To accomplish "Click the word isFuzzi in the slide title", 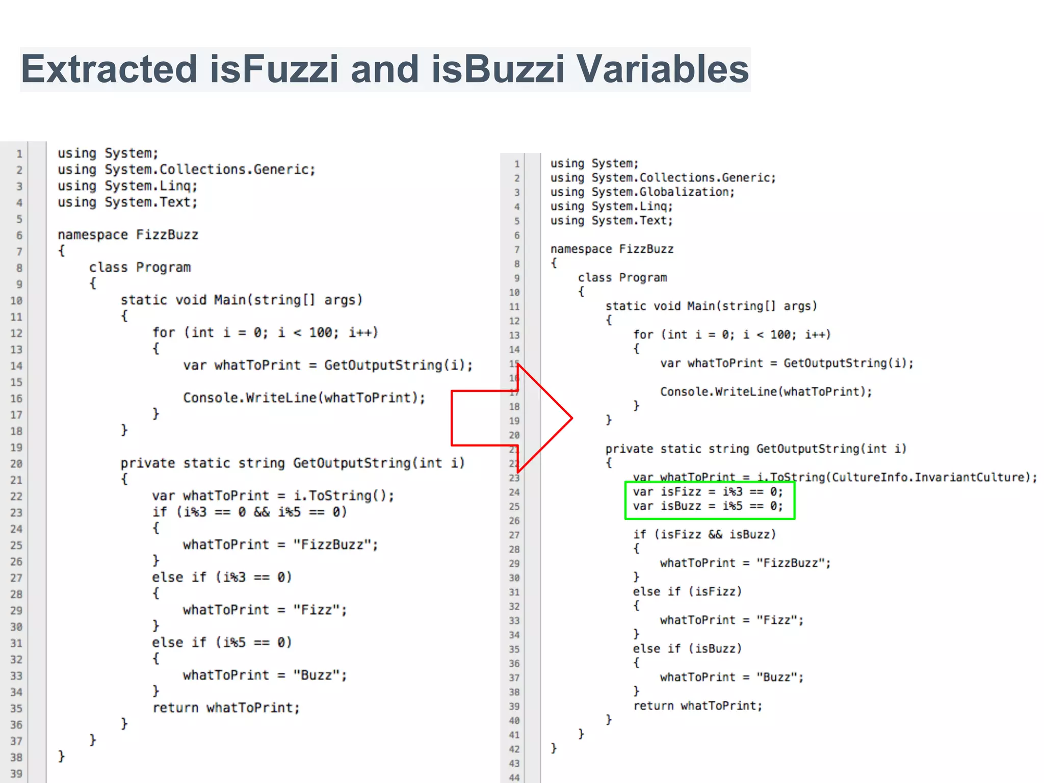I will [274, 69].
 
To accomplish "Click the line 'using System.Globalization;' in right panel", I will [642, 192].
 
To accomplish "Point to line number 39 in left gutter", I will [16, 773].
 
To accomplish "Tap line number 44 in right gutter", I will [514, 777].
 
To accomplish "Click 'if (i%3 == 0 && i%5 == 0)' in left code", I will [249, 512].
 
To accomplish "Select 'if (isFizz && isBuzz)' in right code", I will [704, 534].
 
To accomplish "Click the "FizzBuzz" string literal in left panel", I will [335, 544].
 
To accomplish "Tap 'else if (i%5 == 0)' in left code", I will [222, 642].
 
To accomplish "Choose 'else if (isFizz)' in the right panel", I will [687, 591].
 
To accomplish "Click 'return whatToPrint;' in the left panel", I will [226, 708].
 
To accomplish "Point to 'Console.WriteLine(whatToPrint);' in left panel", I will [304, 398].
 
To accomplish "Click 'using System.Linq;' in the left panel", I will [127, 186].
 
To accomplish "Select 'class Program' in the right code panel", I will [622, 278].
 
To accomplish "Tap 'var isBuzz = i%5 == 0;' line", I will [708, 506].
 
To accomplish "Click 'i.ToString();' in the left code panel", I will [344, 495].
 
